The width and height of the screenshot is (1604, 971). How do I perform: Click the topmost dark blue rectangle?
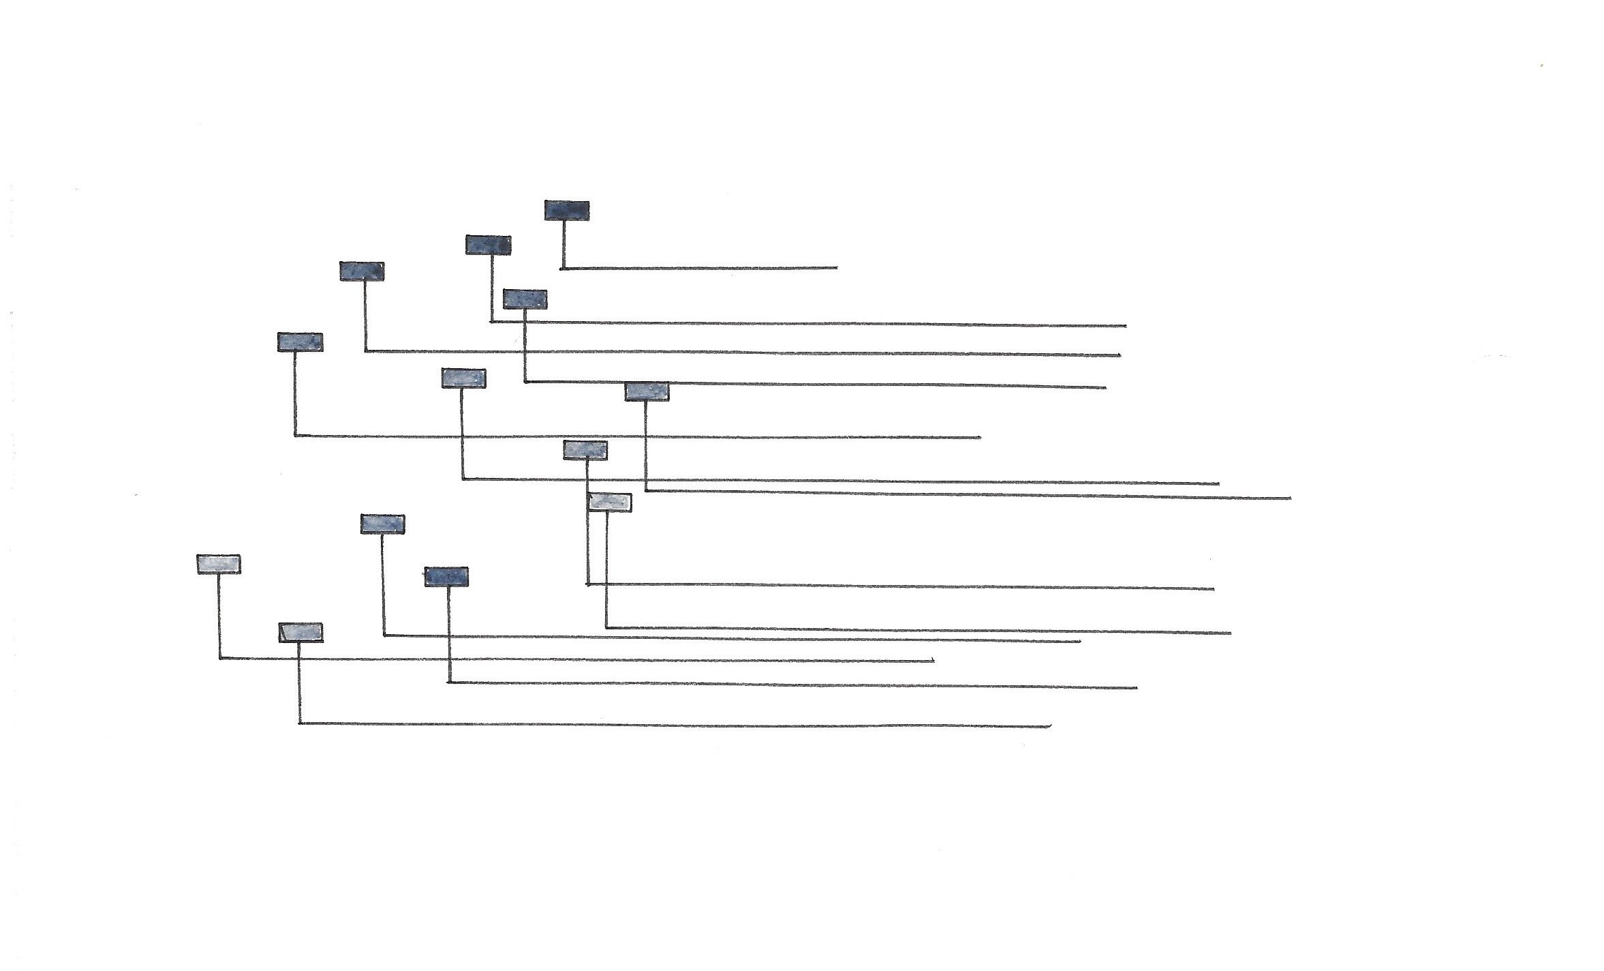pos(566,210)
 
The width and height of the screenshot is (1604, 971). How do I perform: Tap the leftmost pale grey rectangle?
pos(218,564)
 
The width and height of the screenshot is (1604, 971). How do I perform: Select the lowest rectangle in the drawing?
pos(300,633)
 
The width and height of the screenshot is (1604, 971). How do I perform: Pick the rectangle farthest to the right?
pos(647,391)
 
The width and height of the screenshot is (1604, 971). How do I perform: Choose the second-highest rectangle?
pos(488,245)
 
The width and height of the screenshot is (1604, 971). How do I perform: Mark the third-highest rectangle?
pos(362,271)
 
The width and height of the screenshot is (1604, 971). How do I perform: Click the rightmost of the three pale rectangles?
pos(609,502)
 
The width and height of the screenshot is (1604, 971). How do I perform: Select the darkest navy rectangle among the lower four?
pos(446,577)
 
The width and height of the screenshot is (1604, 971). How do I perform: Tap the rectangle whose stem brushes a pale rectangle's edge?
pos(585,450)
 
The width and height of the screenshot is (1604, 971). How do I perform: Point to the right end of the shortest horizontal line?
pos(837,268)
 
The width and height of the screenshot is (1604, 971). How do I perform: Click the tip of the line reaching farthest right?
pos(1291,498)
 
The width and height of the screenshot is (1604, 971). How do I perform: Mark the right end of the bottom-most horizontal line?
pos(1051,726)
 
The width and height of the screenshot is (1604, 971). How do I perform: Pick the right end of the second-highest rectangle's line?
pos(1126,326)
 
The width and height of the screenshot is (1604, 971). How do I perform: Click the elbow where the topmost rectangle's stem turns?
pos(563,268)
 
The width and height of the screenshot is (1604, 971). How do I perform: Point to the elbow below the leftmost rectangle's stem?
pos(219,658)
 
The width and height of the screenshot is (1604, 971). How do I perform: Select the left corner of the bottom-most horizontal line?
pos(300,723)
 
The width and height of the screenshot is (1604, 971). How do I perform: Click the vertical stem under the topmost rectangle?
pos(564,244)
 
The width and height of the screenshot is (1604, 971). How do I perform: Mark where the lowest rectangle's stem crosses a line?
pos(300,659)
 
